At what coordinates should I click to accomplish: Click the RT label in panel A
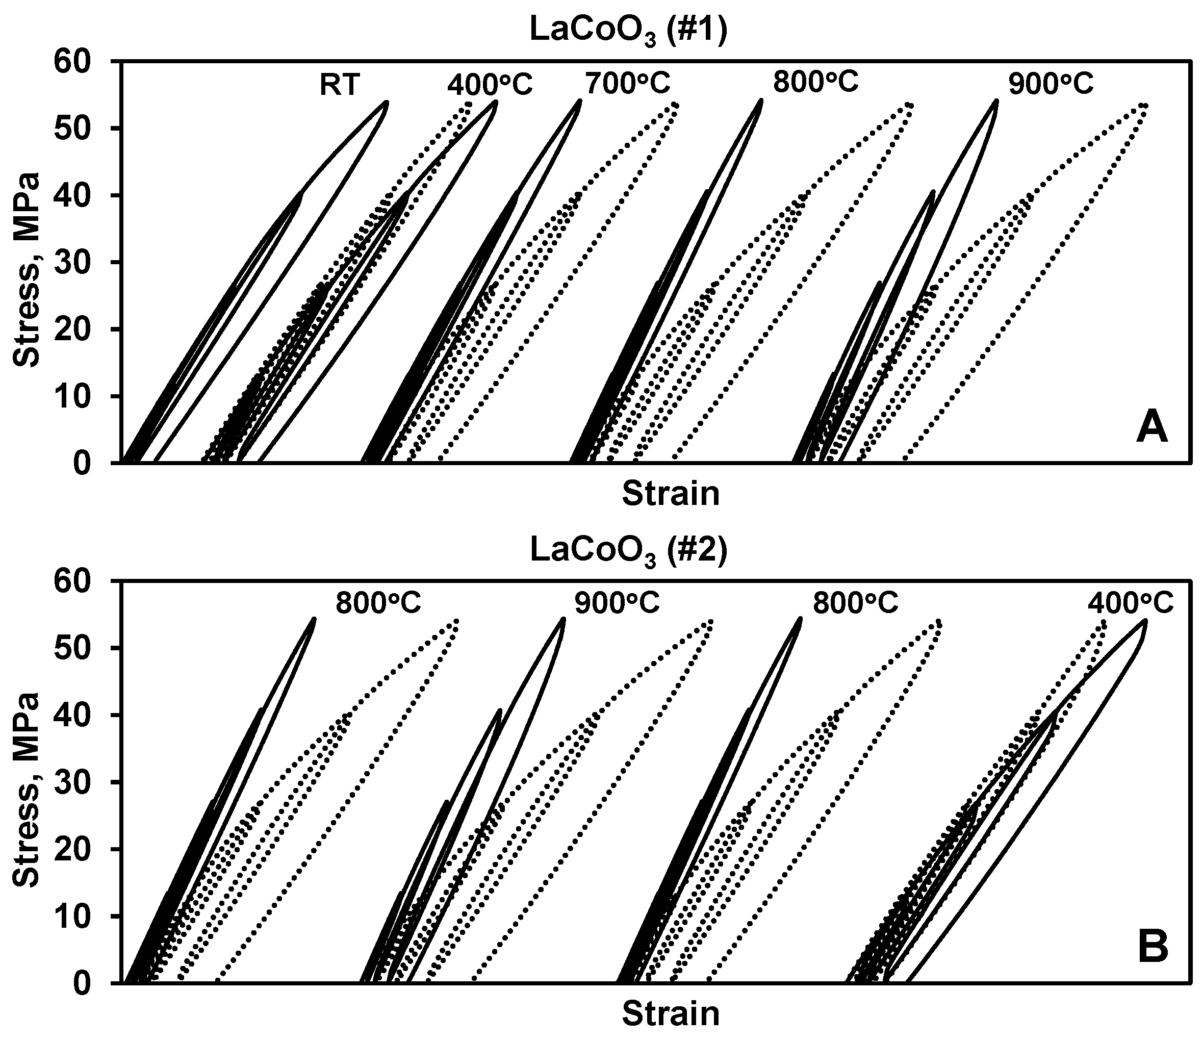point(340,86)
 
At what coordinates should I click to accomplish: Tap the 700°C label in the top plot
point(628,83)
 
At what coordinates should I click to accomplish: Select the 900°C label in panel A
point(1051,84)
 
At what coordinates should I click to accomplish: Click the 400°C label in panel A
point(490,86)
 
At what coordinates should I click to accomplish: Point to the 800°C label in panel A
point(815,82)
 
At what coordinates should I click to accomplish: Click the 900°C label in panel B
point(618,603)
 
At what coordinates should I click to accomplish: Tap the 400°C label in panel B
point(1130,603)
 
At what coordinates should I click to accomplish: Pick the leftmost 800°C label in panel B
point(378,603)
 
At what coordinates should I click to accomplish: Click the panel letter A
point(1152,430)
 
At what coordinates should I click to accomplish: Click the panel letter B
point(1153,947)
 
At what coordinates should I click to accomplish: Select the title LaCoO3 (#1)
point(629,33)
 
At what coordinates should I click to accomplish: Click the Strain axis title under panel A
point(671,494)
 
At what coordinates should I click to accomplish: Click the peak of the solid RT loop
point(386,102)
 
